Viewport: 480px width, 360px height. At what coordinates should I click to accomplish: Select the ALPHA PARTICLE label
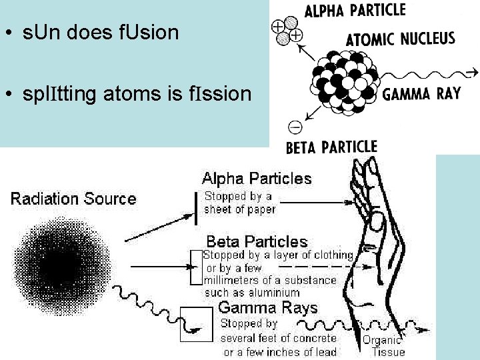pyautogui.click(x=354, y=11)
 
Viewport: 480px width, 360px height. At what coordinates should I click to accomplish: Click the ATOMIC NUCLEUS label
pyautogui.click(x=400, y=39)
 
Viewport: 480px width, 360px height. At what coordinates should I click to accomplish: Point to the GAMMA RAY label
pyautogui.click(x=421, y=94)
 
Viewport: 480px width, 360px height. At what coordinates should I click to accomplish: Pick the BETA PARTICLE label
pyautogui.click(x=331, y=147)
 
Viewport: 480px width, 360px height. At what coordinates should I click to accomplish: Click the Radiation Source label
pyautogui.click(x=73, y=199)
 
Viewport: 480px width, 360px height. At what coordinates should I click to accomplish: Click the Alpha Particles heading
pyautogui.click(x=257, y=179)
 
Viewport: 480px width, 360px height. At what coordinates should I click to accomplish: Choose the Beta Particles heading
pyautogui.click(x=257, y=241)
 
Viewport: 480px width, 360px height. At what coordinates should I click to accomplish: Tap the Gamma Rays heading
pyautogui.click(x=268, y=308)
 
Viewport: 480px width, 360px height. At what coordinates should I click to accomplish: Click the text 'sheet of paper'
pyautogui.click(x=240, y=209)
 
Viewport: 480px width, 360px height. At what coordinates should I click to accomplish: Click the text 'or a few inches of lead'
pyautogui.click(x=280, y=352)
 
